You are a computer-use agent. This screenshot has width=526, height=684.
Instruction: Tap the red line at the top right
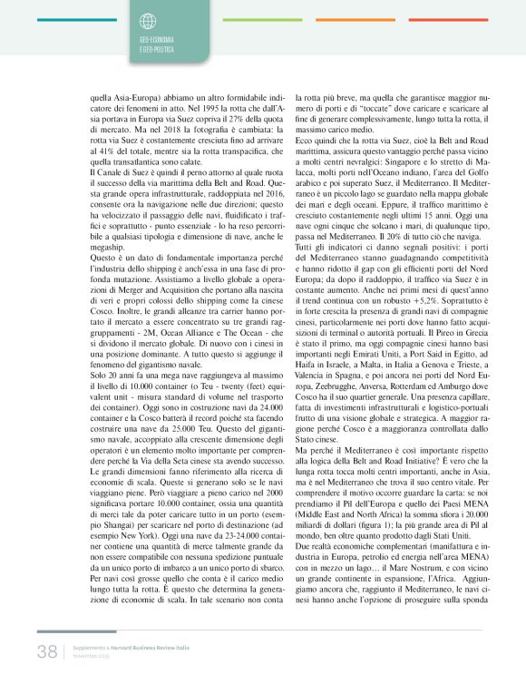pyautogui.click(x=436, y=19)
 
